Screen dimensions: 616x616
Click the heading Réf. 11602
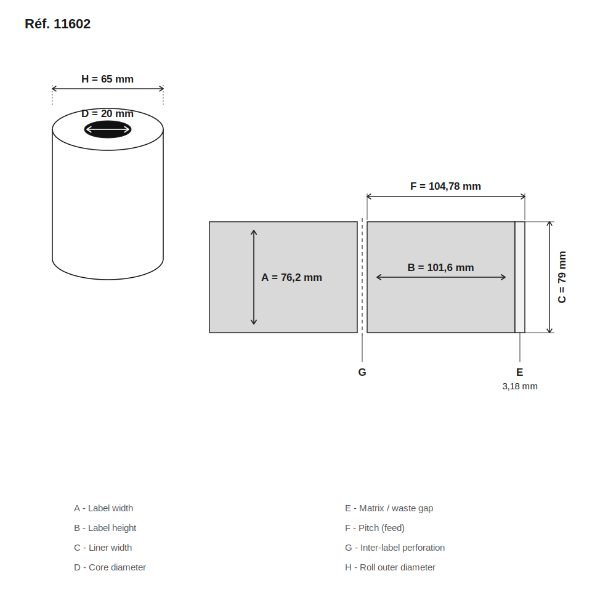pyautogui.click(x=57, y=24)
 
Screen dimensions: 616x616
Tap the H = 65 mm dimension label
pyautogui.click(x=107, y=79)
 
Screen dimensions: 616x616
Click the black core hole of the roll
pyautogui.click(x=108, y=129)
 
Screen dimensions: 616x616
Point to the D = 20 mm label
pyautogui.click(x=107, y=113)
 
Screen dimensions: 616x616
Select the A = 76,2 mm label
pyautogui.click(x=291, y=277)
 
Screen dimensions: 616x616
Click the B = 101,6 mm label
pyautogui.click(x=440, y=267)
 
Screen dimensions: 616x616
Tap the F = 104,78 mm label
pyautogui.click(x=445, y=186)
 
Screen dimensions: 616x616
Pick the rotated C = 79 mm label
pyautogui.click(x=562, y=277)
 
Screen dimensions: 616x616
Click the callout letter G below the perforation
pyautogui.click(x=362, y=372)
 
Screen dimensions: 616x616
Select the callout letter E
pyautogui.click(x=519, y=372)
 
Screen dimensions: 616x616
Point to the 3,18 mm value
pyautogui.click(x=520, y=386)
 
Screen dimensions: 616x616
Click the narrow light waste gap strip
pyautogui.click(x=520, y=277)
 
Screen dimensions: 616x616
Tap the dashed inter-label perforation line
pyautogui.click(x=362, y=277)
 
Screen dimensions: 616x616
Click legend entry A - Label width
pyautogui.click(x=103, y=508)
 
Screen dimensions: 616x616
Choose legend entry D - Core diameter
pyautogui.click(x=110, y=567)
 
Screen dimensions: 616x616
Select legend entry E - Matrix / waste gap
pyautogui.click(x=389, y=508)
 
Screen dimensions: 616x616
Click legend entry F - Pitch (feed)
pyautogui.click(x=375, y=528)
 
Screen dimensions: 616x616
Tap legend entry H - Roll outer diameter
pyautogui.click(x=390, y=567)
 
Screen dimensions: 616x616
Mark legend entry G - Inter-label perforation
pyautogui.click(x=395, y=547)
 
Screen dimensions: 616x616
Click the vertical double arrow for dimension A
pyautogui.click(x=254, y=277)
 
